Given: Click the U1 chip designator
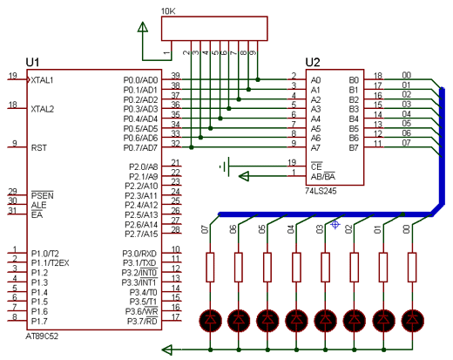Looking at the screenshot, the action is point(32,63).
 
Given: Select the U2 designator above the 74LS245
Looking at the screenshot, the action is point(313,63).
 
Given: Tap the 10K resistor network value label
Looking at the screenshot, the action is point(168,11).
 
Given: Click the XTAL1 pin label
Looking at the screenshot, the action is point(42,80).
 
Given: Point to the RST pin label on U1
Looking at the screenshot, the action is point(38,148).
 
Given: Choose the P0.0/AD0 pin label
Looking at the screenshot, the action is point(140,80).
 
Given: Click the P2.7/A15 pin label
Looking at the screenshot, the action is point(141,234).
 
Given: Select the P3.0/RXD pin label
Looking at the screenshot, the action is point(139,254).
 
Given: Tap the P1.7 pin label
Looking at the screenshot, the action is point(39,322).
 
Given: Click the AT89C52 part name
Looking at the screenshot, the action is point(42,336).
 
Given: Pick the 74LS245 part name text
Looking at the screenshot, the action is point(321,191).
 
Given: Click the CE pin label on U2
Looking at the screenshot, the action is point(316,166).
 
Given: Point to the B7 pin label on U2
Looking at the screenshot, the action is point(354,148).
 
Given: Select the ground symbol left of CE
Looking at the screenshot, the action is point(226,166).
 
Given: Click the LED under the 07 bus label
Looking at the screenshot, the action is point(210,320).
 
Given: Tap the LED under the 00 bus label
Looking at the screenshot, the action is point(412,320).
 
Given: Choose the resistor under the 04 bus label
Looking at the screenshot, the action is point(296,268).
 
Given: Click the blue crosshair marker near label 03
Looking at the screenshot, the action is point(335,224).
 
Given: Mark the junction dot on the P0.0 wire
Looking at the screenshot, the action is point(258,79).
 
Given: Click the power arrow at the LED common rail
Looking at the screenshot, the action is point(167,350).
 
